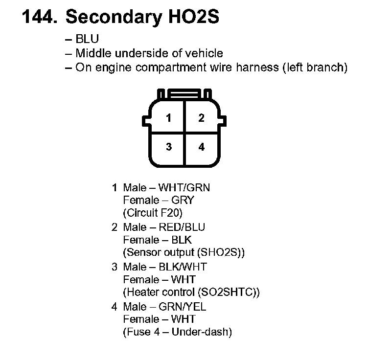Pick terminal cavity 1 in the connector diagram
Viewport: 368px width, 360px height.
[168, 118]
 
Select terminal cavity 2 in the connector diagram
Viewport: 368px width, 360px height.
[201, 118]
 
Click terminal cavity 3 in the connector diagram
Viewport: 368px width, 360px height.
[168, 147]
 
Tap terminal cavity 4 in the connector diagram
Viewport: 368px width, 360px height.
[201, 147]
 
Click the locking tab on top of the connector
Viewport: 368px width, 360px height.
[184, 93]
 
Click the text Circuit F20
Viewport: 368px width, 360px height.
[154, 213]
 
